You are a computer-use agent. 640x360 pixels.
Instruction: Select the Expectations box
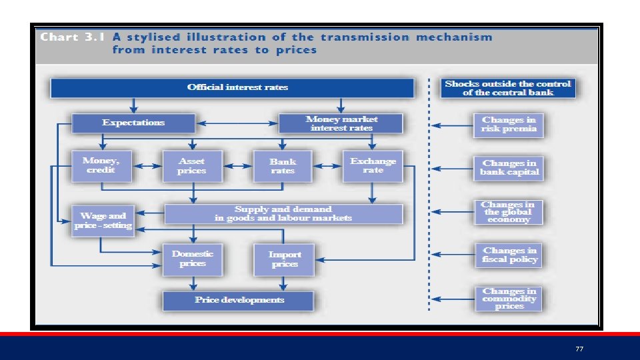133,123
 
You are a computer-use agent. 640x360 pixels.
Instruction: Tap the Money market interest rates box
341,123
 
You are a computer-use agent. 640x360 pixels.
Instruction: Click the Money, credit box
101,165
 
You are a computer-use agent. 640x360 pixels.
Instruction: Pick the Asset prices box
191,166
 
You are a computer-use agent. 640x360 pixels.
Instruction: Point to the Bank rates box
282,166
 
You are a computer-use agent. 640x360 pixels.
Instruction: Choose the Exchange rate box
373,165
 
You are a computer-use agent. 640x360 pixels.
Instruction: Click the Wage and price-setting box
103,220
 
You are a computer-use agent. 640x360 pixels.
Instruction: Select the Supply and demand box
283,213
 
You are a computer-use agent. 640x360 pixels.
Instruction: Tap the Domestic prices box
192,259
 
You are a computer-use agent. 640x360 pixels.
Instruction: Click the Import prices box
284,259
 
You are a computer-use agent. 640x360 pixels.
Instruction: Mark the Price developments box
238,300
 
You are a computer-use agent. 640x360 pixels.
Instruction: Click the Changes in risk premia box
509,124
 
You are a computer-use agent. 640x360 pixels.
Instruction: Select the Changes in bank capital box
509,167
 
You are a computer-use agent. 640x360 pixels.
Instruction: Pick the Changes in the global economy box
509,212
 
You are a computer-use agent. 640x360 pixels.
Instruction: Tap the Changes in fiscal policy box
509,255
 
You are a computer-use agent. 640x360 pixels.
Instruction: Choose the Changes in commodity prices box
509,299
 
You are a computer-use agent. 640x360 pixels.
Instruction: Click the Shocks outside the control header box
507,88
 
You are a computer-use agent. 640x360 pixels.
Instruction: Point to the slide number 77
579,349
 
